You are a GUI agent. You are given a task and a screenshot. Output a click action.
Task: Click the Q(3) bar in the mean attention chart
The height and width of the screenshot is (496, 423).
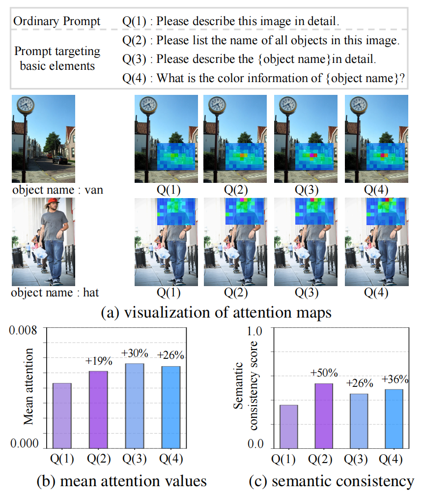(135, 406)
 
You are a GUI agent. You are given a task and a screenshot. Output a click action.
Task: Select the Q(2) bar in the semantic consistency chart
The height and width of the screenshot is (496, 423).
(324, 415)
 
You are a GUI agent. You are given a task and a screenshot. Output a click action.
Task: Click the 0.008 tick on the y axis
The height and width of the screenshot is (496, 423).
(23, 330)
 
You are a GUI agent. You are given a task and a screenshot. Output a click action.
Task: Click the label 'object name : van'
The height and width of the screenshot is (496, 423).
(57, 189)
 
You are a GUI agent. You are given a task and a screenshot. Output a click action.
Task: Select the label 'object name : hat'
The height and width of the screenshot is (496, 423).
(56, 292)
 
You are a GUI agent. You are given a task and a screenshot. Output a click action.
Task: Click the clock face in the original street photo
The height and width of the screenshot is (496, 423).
(25, 105)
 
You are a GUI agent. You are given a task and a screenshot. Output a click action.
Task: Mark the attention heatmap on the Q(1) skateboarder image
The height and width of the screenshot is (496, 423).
(175, 211)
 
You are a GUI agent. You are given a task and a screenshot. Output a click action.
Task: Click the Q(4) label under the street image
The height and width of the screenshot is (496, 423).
(376, 189)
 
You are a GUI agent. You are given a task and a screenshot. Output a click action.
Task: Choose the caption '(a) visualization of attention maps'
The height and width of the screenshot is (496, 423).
(209, 313)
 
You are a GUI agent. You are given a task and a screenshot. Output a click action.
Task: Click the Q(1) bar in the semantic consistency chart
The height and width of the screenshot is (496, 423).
(288, 426)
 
